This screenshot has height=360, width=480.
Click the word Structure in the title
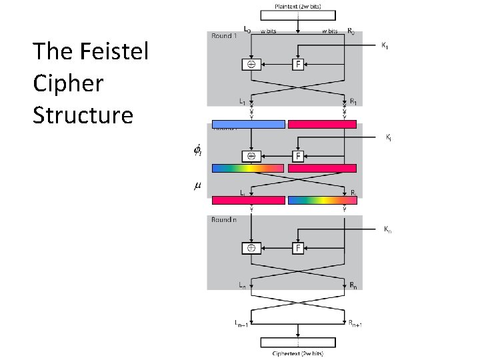pyautogui.click(x=83, y=115)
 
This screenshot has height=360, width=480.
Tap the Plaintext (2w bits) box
pyautogui.click(x=297, y=6)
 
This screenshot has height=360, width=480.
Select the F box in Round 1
pyautogui.click(x=299, y=65)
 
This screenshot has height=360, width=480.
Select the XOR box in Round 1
pyautogui.click(x=251, y=65)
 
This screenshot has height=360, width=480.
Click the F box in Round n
pyautogui.click(x=299, y=248)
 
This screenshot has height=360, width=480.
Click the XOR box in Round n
pyautogui.click(x=251, y=248)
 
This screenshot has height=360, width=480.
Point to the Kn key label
pyautogui.click(x=387, y=230)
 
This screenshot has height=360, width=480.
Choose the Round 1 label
pyautogui.click(x=224, y=36)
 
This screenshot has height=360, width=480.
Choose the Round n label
pyautogui.click(x=223, y=219)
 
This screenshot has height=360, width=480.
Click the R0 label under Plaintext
pyautogui.click(x=351, y=30)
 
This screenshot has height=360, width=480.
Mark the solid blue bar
pyautogui.click(x=248, y=124)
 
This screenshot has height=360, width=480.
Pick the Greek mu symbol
pyautogui.click(x=197, y=185)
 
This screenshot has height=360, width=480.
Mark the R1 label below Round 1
pyautogui.click(x=354, y=101)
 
